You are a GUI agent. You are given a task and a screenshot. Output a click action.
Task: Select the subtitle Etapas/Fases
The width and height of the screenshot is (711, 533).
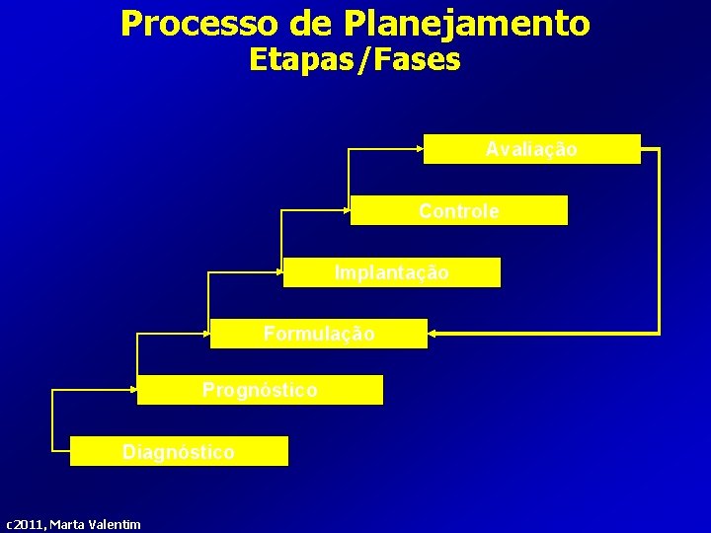point(355,60)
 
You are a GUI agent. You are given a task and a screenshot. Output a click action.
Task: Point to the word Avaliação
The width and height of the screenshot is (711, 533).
point(531,149)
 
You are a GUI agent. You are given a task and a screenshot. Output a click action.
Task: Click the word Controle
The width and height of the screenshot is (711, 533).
point(459,211)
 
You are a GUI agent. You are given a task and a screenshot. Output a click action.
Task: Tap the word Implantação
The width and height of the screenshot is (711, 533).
point(391,272)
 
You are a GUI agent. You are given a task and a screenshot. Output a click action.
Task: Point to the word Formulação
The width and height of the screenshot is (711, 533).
point(319,334)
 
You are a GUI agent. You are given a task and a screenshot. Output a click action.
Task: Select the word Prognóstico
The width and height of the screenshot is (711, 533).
point(260,390)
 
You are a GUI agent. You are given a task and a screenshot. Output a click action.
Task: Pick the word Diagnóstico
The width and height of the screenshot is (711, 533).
point(179,452)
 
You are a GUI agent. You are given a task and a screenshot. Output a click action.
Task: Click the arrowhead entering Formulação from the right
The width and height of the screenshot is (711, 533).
point(433,334)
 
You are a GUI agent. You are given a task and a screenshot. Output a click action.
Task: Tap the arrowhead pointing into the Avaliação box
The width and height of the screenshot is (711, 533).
point(419,149)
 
